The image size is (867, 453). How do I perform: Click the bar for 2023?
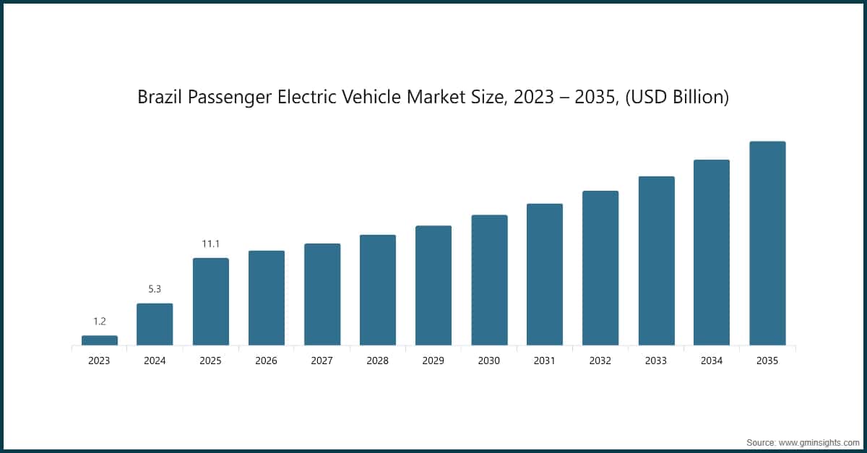point(100,340)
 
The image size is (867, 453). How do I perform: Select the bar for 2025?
point(211,302)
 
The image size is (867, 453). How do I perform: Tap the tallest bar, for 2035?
point(767,243)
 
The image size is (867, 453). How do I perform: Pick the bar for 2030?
point(489,280)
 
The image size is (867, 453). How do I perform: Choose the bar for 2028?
point(378,290)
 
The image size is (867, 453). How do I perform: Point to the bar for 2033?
point(656,261)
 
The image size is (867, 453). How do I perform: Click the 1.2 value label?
point(100,322)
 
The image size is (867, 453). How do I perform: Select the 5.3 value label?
point(155,289)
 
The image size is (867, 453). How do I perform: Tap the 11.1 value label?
point(210,244)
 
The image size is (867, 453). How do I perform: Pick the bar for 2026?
point(267,298)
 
